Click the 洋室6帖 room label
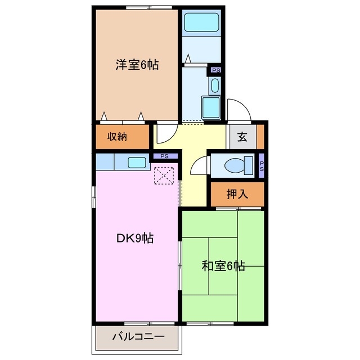point(137,65)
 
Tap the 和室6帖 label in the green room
point(223,265)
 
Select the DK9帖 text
point(135,238)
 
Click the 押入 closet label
point(237,195)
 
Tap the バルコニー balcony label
point(138,337)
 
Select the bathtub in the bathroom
point(202,24)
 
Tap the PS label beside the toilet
point(262,165)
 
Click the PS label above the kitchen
point(164,156)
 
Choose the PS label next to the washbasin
point(215,71)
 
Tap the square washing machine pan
point(211,107)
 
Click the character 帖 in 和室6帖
point(240,265)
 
